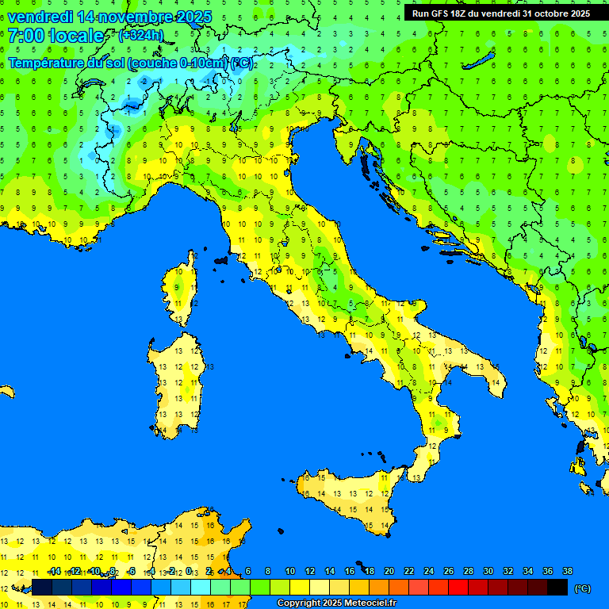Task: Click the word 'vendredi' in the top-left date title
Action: click(x=41, y=17)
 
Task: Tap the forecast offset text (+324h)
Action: click(x=140, y=35)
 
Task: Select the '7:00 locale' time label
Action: click(x=56, y=36)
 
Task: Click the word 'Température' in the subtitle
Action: click(x=47, y=63)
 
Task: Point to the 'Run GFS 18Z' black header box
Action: click(x=500, y=13)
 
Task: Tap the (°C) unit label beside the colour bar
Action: click(x=582, y=588)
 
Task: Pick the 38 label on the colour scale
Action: click(x=567, y=571)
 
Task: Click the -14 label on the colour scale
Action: click(x=54, y=571)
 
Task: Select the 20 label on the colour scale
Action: click(x=389, y=571)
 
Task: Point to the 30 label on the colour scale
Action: click(x=488, y=571)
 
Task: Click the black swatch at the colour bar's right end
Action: click(x=557, y=587)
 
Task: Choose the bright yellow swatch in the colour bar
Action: click(x=300, y=587)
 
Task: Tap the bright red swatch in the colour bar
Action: click(x=458, y=587)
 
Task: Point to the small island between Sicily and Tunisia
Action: click(x=279, y=533)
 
